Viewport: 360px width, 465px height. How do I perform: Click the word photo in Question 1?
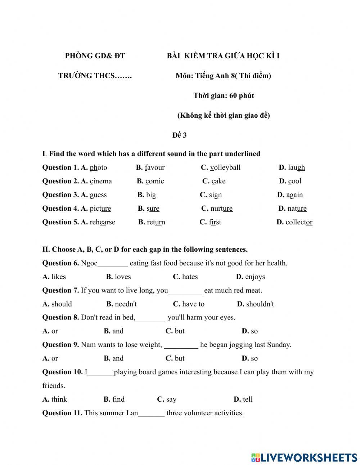(x=98, y=167)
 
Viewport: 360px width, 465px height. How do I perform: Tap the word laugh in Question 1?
(x=296, y=167)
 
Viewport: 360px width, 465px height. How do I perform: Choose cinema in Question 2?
(x=101, y=181)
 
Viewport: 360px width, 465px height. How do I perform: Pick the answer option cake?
(x=219, y=181)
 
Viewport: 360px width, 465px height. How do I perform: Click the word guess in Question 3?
(x=98, y=195)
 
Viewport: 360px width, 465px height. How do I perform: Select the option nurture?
(x=221, y=209)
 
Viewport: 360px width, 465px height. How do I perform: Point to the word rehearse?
(x=102, y=222)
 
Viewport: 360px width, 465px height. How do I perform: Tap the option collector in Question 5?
(x=299, y=222)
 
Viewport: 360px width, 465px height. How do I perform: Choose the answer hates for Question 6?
(x=190, y=277)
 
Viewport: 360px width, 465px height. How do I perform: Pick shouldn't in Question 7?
(x=260, y=304)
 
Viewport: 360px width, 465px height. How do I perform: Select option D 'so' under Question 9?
(x=254, y=358)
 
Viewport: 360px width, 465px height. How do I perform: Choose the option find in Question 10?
(x=118, y=399)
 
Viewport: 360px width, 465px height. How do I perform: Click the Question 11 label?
(x=62, y=413)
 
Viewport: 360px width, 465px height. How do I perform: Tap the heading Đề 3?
(x=179, y=135)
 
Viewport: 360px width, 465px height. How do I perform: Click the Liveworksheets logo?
(x=304, y=457)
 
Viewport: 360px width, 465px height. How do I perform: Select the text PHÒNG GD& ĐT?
(x=95, y=56)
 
